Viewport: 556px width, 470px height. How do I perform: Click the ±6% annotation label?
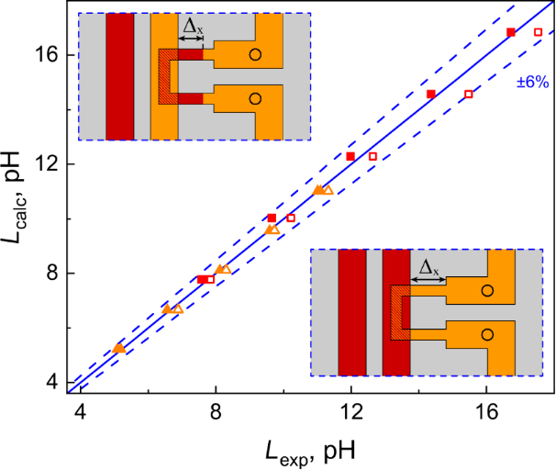(x=530, y=80)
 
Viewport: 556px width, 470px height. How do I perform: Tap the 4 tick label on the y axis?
(x=53, y=381)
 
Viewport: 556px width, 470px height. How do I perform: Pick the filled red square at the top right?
(x=511, y=32)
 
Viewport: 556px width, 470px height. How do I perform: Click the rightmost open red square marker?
(x=538, y=32)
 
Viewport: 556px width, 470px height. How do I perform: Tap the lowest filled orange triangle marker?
(x=118, y=348)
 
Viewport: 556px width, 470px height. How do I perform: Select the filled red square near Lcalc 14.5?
(x=431, y=94)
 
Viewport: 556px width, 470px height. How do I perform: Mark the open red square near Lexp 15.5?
(x=469, y=94)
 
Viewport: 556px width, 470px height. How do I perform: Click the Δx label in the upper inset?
(x=193, y=28)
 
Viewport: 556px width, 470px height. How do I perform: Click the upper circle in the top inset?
(x=255, y=55)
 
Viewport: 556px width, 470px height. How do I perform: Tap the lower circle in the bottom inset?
(x=487, y=335)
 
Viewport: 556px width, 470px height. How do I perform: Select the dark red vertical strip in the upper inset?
(x=120, y=76)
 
